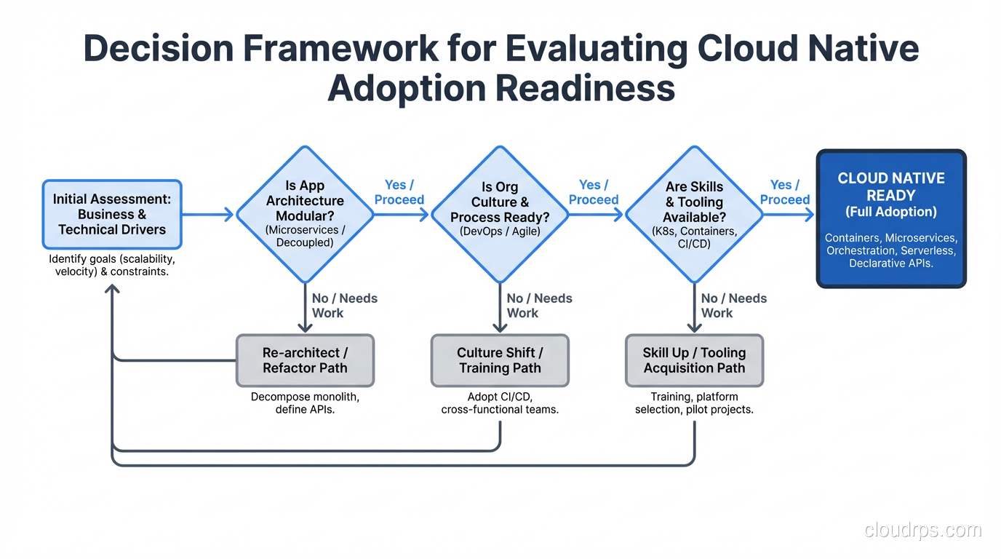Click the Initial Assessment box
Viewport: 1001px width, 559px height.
point(112,215)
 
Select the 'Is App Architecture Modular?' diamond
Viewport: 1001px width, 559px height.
point(305,214)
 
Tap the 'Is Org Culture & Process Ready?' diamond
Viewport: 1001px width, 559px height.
point(500,215)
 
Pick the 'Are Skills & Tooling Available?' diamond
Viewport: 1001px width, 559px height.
point(694,215)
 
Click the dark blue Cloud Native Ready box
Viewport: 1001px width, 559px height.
point(890,219)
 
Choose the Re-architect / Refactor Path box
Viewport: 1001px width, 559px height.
point(305,360)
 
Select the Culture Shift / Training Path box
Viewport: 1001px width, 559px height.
point(500,360)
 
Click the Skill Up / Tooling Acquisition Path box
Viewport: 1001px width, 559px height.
point(694,360)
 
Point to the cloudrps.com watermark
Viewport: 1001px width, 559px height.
point(922,530)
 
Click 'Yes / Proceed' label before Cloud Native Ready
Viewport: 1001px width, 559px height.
point(785,192)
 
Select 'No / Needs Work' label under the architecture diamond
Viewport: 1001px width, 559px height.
point(344,306)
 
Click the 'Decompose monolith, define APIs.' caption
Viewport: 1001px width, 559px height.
point(305,403)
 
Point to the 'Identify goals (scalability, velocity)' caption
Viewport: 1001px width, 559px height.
point(112,266)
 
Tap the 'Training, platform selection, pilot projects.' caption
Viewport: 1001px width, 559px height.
point(694,403)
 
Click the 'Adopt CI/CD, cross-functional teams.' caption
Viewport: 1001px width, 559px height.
point(500,403)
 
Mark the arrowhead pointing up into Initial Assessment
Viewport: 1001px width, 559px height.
point(112,289)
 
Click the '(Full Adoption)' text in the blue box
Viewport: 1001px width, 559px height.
point(890,212)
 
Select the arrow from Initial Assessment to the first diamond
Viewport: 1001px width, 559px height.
point(207,215)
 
